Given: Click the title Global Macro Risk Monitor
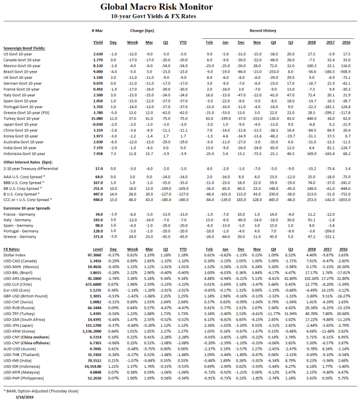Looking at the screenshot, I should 180,7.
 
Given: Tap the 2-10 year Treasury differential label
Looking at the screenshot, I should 30,168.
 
